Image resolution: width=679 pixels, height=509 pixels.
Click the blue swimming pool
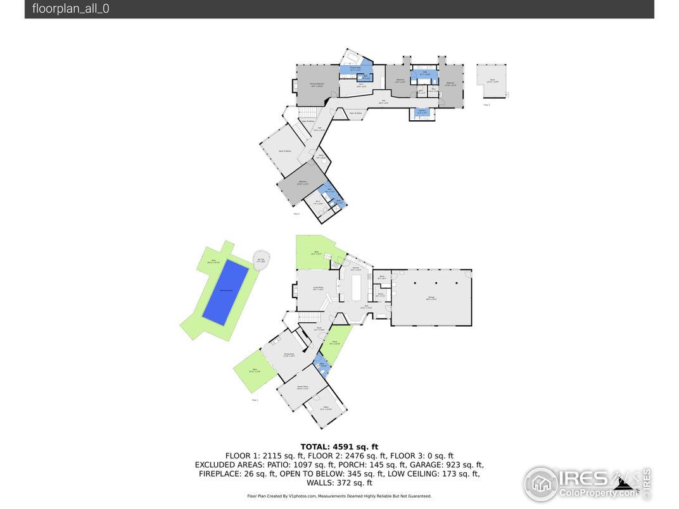pos(225,292)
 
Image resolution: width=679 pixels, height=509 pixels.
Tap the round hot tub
pos(261,260)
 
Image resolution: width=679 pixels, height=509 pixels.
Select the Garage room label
pos(431,298)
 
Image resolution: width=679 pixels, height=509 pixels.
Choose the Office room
pos(326,408)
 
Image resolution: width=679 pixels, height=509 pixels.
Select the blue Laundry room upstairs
pos(421,113)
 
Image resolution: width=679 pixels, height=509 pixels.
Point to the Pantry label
pos(381,294)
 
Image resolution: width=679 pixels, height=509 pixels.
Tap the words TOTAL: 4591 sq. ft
pos(339,446)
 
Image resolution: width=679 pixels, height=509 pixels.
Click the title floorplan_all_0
pos(71,9)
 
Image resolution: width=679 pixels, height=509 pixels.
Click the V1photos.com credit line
pos(339,496)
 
